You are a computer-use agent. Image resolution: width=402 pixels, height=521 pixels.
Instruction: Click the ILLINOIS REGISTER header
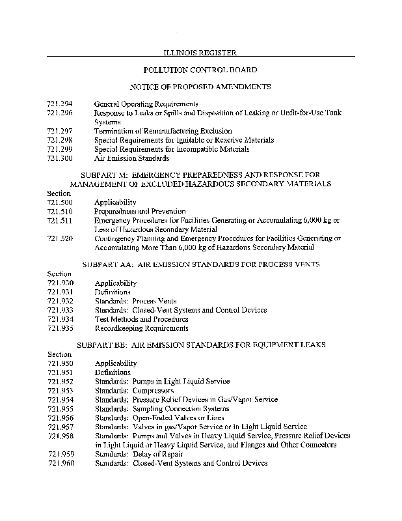click(x=200, y=51)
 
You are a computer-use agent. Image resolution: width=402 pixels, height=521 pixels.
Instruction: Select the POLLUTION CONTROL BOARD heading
click(x=200, y=69)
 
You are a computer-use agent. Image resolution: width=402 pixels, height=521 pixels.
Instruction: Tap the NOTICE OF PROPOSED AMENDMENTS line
click(x=200, y=86)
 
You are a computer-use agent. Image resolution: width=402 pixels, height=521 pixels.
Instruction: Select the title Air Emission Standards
click(x=131, y=158)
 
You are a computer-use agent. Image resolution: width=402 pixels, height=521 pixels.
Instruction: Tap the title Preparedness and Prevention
click(x=140, y=212)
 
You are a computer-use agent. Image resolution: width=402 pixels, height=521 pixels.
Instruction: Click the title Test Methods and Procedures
click(x=141, y=319)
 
